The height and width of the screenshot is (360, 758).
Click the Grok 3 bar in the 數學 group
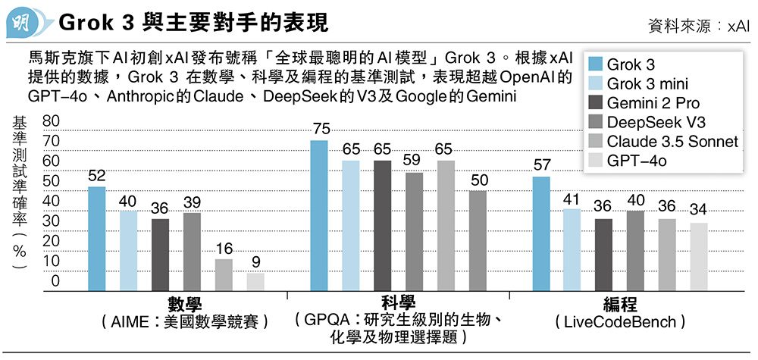[x=97, y=239]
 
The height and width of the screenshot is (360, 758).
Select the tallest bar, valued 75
[x=319, y=216]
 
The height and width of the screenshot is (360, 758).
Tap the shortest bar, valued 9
[x=255, y=282]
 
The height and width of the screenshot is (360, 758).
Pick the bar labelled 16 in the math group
[x=224, y=274]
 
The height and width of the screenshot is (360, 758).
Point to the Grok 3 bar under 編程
[x=541, y=234]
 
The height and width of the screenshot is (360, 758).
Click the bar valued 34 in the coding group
[x=699, y=257]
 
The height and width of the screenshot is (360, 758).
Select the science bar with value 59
[x=414, y=232]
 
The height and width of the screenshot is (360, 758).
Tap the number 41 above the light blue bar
[x=572, y=199]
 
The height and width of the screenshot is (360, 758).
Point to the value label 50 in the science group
[x=478, y=180]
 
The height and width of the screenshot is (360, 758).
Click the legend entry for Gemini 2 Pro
[x=642, y=102]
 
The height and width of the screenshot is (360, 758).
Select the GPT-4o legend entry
[x=634, y=160]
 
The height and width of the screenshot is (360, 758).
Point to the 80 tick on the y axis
[x=52, y=122]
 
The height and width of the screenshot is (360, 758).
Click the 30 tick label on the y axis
[x=52, y=221]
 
